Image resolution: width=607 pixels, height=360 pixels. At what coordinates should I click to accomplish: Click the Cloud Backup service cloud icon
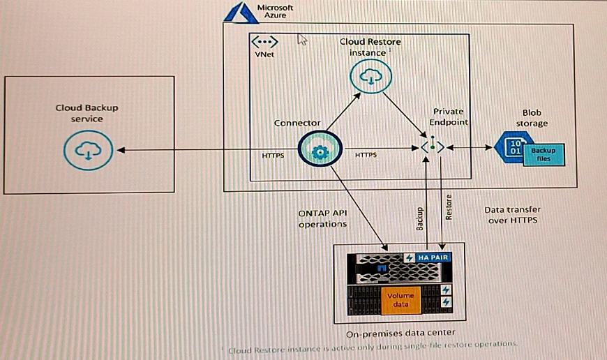pyautogui.click(x=87, y=150)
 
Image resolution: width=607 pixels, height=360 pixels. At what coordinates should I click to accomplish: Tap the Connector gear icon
pyautogui.click(x=320, y=151)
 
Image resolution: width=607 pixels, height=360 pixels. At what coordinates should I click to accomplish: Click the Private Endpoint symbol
pyautogui.click(x=433, y=148)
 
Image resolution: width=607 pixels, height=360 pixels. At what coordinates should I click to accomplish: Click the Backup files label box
pyautogui.click(x=543, y=154)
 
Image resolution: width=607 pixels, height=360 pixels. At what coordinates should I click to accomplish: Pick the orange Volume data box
pyautogui.click(x=400, y=300)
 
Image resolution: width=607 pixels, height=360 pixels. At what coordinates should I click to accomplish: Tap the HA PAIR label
pyautogui.click(x=433, y=257)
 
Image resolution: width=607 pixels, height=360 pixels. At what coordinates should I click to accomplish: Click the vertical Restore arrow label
pyautogui.click(x=449, y=207)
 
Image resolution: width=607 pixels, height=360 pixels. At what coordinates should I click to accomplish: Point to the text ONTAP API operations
pyautogui.click(x=323, y=218)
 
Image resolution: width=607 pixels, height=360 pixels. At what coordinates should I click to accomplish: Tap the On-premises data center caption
pyautogui.click(x=399, y=332)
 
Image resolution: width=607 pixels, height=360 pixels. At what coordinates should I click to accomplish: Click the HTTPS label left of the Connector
pyautogui.click(x=273, y=155)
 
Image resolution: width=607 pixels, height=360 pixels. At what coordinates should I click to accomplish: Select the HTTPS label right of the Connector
pyautogui.click(x=366, y=154)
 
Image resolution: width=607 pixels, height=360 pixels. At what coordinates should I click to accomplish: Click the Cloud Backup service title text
pyautogui.click(x=87, y=113)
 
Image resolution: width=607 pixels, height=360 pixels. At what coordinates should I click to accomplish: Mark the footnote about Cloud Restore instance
pyautogui.click(x=372, y=345)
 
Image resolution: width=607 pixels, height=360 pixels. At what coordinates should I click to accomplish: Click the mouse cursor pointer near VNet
pyautogui.click(x=302, y=39)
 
